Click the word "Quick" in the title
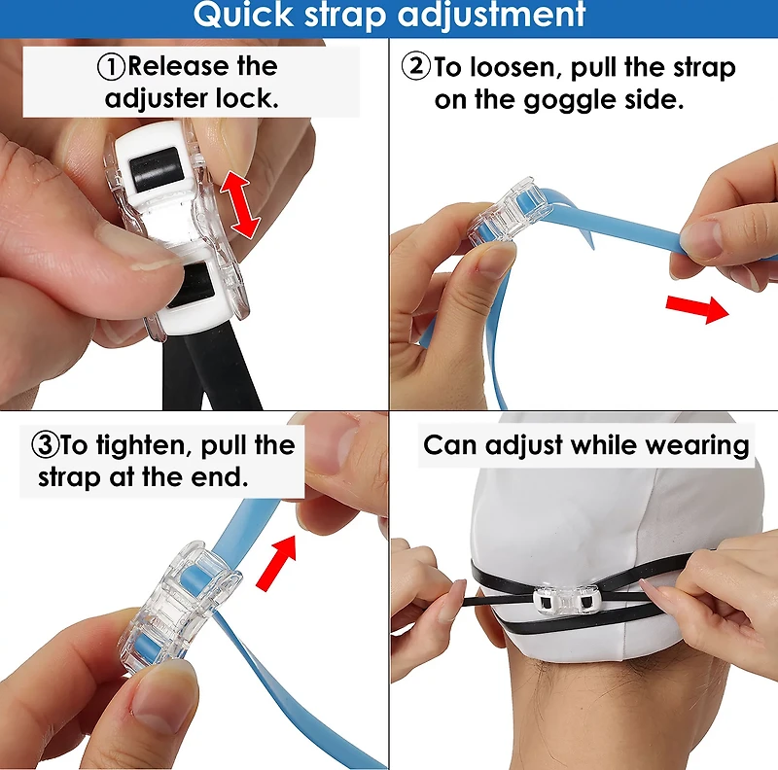click(243, 15)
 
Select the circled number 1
click(111, 67)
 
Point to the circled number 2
click(415, 66)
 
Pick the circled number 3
click(45, 444)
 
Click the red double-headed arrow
click(240, 203)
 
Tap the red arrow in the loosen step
click(697, 308)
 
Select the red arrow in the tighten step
click(277, 562)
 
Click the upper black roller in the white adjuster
click(155, 169)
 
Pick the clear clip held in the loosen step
click(508, 210)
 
